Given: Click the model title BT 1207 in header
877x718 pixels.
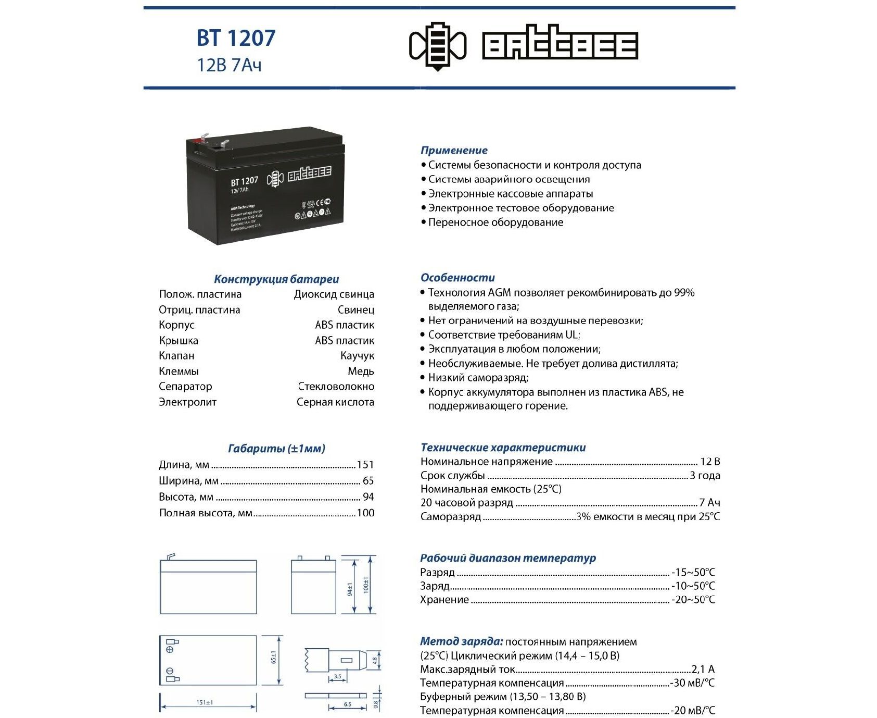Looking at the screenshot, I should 236,38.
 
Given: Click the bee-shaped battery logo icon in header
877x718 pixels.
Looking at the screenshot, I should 438,46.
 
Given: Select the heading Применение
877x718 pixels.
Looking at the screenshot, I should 454,150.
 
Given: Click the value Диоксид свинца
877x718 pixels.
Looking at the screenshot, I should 334,294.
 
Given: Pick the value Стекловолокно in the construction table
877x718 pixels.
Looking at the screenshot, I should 336,387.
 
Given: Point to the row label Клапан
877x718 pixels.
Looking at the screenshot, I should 176,356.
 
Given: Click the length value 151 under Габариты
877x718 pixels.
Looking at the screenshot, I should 365,465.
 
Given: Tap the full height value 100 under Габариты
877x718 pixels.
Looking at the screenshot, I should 365,513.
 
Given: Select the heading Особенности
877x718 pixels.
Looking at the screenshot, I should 457,278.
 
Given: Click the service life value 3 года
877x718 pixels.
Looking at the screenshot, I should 705,475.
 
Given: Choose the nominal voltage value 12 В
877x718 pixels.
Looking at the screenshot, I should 710,462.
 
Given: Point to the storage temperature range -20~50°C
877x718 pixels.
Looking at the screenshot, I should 693,600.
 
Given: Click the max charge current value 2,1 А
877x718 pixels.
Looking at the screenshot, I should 703,669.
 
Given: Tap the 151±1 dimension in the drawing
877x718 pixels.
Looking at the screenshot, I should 205,702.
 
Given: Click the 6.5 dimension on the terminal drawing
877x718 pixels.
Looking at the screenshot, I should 347,704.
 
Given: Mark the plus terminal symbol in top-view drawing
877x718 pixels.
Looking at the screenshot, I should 170,650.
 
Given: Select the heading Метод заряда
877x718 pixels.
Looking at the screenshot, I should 461,641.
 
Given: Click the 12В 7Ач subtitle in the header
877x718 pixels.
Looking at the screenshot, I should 229,65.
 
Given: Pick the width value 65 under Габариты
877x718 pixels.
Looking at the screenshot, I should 368,481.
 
